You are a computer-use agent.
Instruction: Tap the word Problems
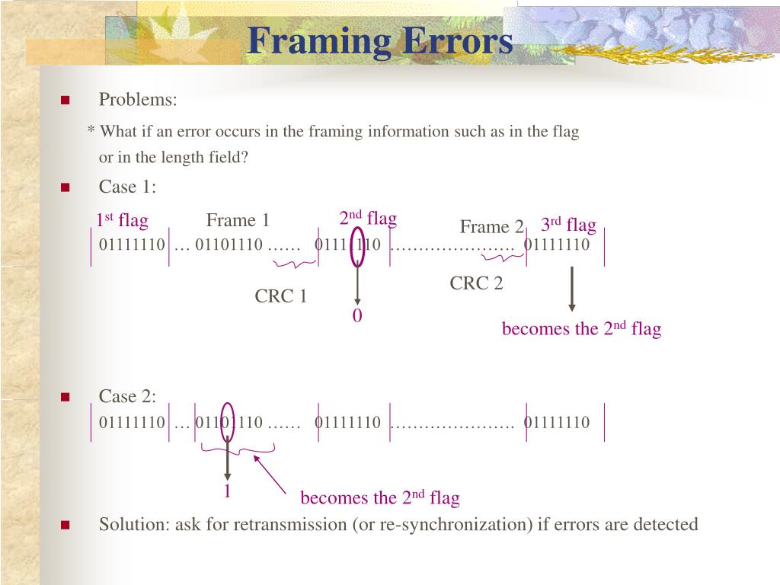(x=138, y=100)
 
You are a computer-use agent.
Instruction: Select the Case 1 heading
(x=127, y=187)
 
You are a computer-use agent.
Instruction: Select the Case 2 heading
(x=127, y=396)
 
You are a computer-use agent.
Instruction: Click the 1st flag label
(x=122, y=221)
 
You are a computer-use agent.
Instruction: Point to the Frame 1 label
(x=238, y=221)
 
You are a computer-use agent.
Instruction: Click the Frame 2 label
(x=491, y=227)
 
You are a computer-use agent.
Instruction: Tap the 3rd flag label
(x=568, y=225)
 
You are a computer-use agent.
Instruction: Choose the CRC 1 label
(x=280, y=296)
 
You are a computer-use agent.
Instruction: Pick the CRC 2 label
(x=476, y=284)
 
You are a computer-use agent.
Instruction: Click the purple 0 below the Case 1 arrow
(x=356, y=316)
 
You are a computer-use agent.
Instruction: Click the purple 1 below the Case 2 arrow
(x=227, y=491)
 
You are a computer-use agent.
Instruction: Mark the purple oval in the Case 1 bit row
(x=356, y=245)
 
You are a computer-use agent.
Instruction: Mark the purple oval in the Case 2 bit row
(x=227, y=422)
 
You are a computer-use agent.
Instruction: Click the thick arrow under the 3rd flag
(x=572, y=288)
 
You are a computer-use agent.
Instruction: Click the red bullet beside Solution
(x=65, y=525)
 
